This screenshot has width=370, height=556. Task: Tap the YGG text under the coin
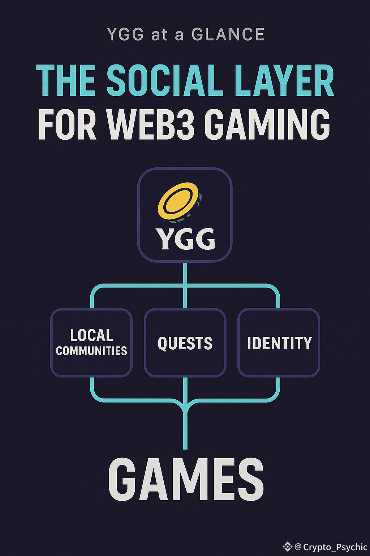click(x=185, y=239)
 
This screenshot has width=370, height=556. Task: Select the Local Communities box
click(x=91, y=342)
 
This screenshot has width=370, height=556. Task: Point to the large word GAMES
click(x=186, y=479)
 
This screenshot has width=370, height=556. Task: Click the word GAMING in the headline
click(x=269, y=125)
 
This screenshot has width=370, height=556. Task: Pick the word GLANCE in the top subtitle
click(x=228, y=35)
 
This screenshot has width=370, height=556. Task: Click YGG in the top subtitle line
click(x=125, y=35)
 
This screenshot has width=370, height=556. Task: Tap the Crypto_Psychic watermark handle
click(x=335, y=547)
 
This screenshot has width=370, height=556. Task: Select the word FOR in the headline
click(x=68, y=125)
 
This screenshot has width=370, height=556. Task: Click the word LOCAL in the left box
click(x=91, y=335)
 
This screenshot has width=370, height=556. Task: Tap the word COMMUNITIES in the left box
click(x=91, y=351)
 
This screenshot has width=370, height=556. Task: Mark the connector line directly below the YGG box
click(x=185, y=273)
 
